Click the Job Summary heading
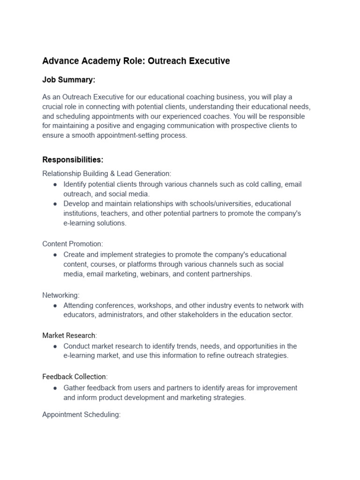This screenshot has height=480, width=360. pos(68,80)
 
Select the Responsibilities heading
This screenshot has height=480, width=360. pos(73,160)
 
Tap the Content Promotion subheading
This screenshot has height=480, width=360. pos(73,244)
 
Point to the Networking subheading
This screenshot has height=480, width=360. pos(61,295)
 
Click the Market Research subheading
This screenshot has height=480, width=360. pos(69,336)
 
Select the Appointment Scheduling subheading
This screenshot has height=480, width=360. pos(82,414)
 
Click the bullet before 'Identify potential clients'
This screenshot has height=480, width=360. pos(55,184)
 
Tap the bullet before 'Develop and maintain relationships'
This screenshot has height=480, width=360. pos(55,204)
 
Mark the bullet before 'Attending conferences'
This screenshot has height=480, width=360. pos(55,305)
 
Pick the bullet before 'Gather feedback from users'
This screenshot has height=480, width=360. pos(55,388)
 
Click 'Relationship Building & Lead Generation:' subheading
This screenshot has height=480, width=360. pos(107,173)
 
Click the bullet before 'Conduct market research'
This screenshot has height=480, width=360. pos(55,346)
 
